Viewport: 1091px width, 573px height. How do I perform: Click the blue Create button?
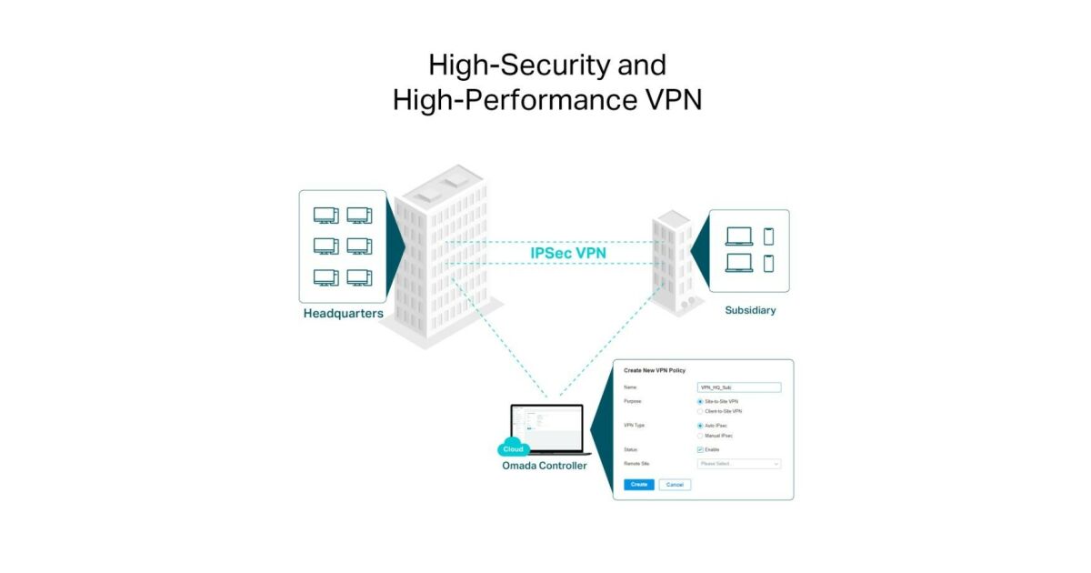(x=639, y=485)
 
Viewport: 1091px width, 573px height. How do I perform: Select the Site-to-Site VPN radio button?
(x=699, y=401)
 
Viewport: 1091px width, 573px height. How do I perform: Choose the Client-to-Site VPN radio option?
(x=699, y=411)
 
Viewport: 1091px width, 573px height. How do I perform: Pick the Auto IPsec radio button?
(x=699, y=426)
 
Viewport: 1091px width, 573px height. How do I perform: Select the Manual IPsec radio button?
(x=699, y=436)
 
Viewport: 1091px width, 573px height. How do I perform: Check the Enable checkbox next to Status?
(x=700, y=449)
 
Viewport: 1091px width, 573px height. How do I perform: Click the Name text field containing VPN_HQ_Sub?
(x=738, y=387)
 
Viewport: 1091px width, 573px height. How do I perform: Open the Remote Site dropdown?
(x=738, y=464)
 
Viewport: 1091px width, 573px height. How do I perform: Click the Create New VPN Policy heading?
(x=655, y=370)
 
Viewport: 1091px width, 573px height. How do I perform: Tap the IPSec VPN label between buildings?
(x=569, y=253)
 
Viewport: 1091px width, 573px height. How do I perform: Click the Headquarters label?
(x=343, y=314)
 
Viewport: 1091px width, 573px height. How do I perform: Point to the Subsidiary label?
(x=750, y=310)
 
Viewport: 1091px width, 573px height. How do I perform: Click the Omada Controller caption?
(x=545, y=466)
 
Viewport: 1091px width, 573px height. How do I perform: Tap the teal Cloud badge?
(x=514, y=449)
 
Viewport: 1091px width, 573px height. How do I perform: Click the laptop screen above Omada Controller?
(x=551, y=427)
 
